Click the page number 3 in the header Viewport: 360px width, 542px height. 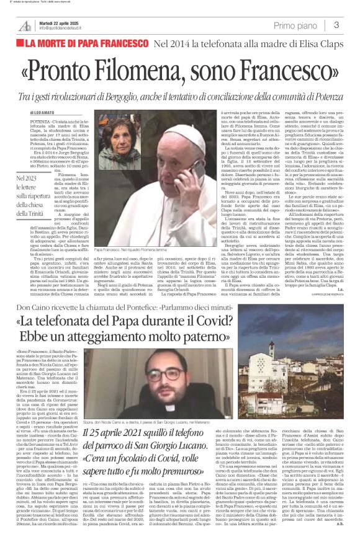point(336,25)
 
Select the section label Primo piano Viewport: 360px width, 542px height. point(297,25)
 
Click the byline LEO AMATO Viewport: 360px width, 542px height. point(35,113)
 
